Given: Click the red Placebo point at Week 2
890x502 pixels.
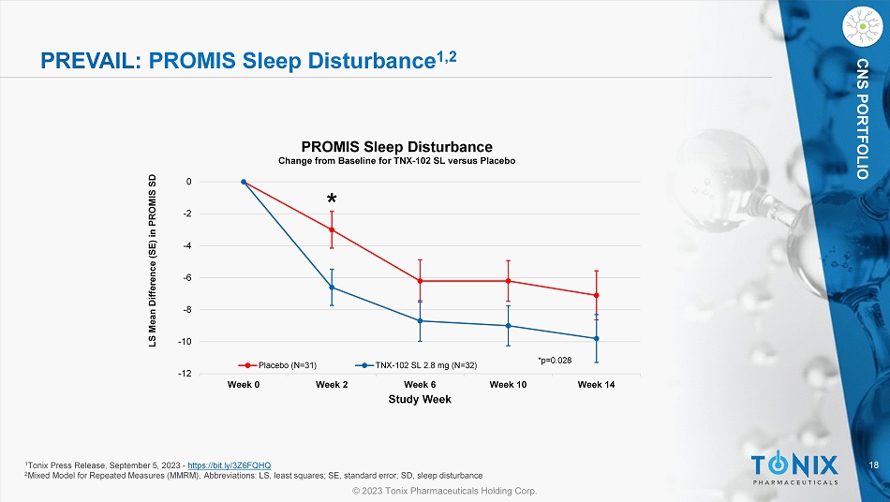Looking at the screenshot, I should [332, 229].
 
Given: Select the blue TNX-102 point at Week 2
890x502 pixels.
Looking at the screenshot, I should [332, 288].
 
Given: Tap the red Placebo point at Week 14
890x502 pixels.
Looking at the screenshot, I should [596, 295].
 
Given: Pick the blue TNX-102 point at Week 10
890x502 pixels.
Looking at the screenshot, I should [508, 326].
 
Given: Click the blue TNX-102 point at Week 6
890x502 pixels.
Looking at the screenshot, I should [420, 321].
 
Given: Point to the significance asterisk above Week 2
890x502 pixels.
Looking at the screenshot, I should [332, 200].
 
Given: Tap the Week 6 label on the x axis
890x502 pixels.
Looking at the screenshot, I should [420, 385].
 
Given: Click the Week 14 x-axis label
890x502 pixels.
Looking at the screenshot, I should [596, 385].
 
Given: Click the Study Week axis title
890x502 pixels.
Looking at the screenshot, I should [420, 400].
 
